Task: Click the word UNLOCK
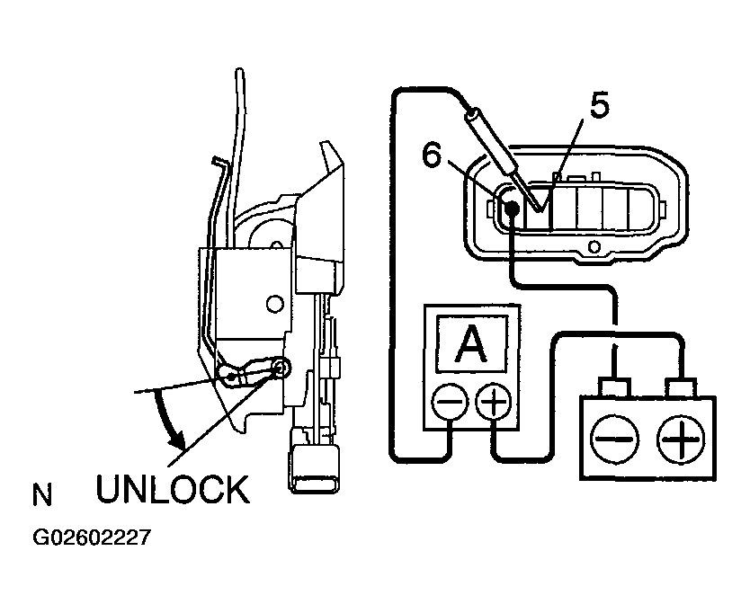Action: (x=173, y=489)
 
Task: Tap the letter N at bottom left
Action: (x=41, y=495)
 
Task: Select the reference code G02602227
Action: (x=92, y=537)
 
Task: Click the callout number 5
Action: (x=599, y=105)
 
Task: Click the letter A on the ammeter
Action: (x=471, y=343)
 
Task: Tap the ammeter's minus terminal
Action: (x=450, y=402)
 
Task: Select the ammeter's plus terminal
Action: (x=494, y=402)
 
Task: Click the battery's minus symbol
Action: (x=614, y=439)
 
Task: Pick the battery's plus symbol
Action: (x=681, y=439)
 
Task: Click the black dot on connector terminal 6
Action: (x=512, y=208)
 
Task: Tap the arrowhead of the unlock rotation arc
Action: (x=178, y=439)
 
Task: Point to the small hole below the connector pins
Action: (x=594, y=247)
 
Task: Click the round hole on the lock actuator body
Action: (x=274, y=303)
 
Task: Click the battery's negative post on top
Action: (x=614, y=386)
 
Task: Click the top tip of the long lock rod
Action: (x=239, y=71)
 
